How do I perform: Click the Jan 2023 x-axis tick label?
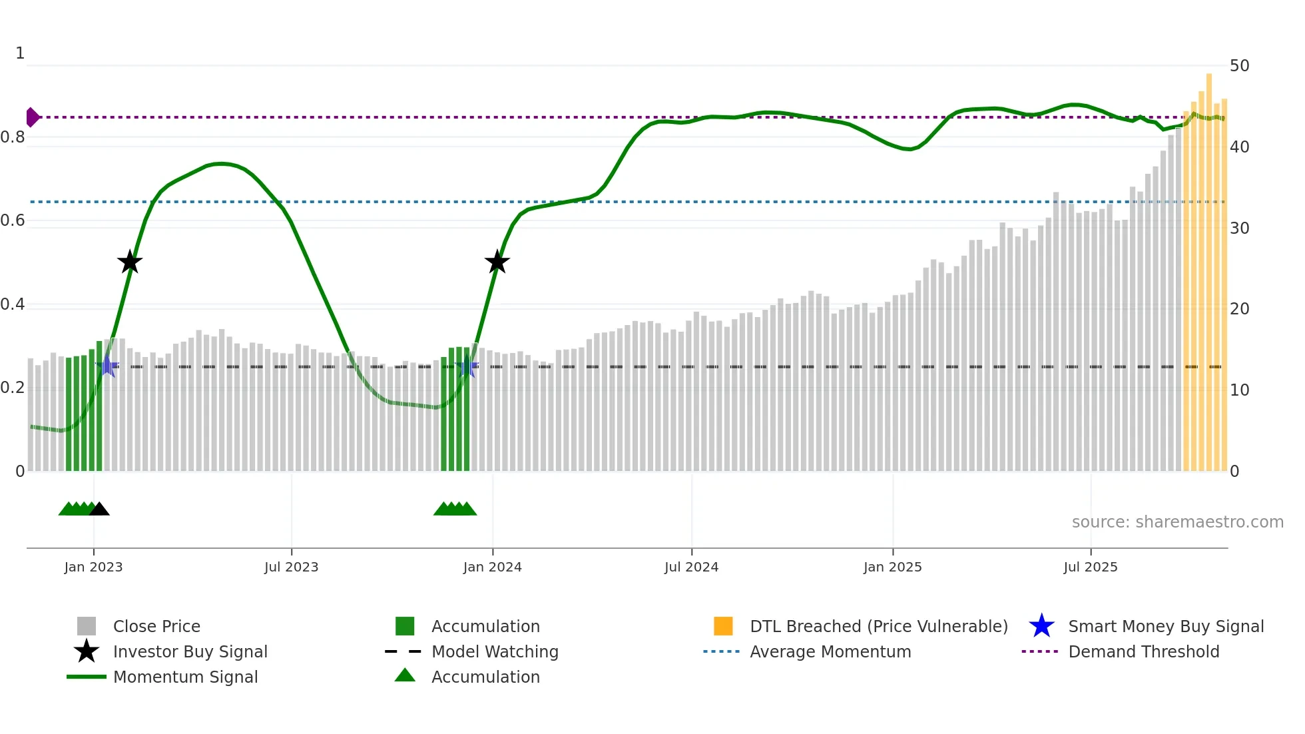pos(93,567)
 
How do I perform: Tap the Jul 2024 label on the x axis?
pos(691,567)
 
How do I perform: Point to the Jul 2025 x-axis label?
pos(1090,567)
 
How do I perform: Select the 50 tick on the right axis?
pos(1239,66)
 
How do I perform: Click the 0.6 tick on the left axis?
pos(13,220)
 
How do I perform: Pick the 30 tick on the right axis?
pos(1239,228)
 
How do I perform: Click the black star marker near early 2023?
pos(130,262)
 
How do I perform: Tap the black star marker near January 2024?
pos(497,262)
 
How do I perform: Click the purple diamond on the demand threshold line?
pos(32,117)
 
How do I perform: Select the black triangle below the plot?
pos(99,510)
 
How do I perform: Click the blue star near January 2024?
pos(467,367)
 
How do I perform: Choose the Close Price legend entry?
pos(156,626)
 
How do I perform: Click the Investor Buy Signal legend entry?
pos(190,651)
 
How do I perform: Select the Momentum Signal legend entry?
pos(185,677)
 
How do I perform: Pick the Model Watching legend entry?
pos(495,651)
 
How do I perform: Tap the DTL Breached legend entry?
pos(878,626)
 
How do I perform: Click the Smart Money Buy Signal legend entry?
pos(1165,626)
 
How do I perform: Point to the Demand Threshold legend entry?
pos(1143,651)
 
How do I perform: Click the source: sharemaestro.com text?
pos(1177,522)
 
